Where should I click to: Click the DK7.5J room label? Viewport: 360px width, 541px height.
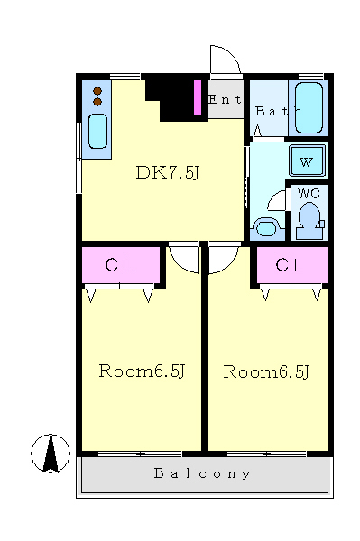[x=168, y=172]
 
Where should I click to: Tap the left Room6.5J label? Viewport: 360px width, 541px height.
[x=142, y=371]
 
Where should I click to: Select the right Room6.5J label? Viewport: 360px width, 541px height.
[x=266, y=371]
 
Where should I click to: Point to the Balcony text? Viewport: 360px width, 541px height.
[x=202, y=473]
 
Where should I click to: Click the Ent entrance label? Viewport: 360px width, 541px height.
[x=225, y=99]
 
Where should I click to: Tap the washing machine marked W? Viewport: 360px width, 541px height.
[x=307, y=160]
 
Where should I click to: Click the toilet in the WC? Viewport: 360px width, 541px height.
[x=309, y=220]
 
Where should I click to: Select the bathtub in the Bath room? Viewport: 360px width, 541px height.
[x=309, y=107]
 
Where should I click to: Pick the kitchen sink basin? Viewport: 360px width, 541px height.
[x=97, y=131]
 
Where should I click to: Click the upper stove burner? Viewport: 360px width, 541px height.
[x=97, y=91]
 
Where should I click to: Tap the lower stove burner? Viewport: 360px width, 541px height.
[x=97, y=102]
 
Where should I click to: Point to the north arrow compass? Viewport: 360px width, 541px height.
[x=51, y=454]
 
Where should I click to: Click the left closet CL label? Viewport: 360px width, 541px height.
[x=119, y=266]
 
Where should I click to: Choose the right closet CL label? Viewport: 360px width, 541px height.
[x=290, y=265]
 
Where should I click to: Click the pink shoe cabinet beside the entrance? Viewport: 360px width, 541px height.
[x=198, y=97]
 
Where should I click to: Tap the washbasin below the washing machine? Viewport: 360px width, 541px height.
[x=266, y=228]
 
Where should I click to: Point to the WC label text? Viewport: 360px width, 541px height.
[x=309, y=193]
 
